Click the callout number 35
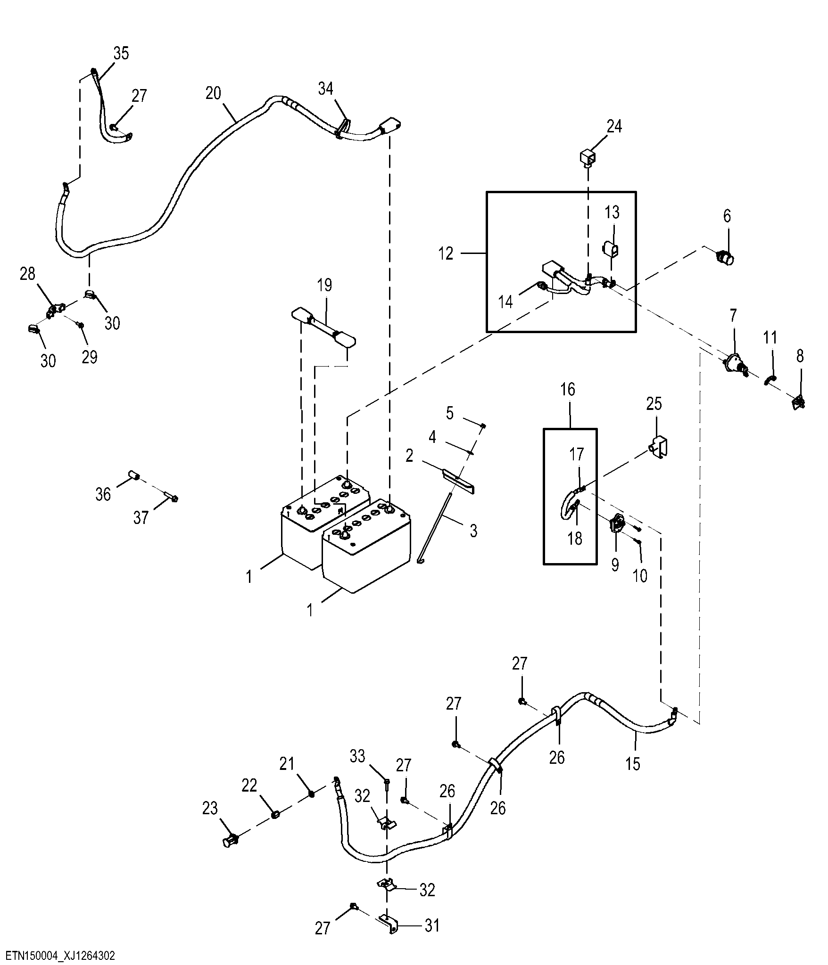coord(121,53)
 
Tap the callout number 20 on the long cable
coord(213,93)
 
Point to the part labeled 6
coord(725,258)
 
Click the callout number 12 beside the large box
coord(446,254)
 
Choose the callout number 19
coord(325,285)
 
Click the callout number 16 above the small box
coord(568,389)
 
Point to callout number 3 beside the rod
coord(474,531)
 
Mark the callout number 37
coord(141,518)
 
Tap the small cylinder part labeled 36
coord(134,476)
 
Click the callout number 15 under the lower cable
coord(633,764)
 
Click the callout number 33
coord(357,756)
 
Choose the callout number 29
coord(89,357)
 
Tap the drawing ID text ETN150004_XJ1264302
coord(60,955)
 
